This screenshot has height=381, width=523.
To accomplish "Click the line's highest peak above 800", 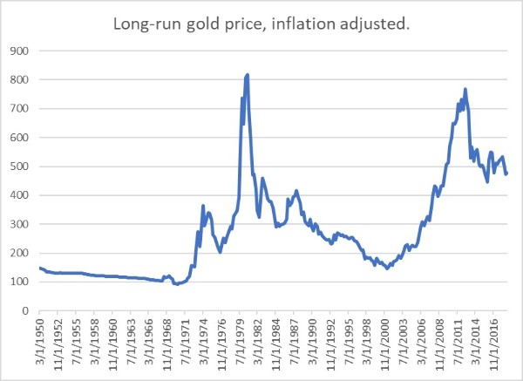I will pos(248,75).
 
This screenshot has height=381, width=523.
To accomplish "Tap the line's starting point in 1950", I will pos(40,269).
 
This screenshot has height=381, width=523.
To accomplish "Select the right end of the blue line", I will pos(506,173).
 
